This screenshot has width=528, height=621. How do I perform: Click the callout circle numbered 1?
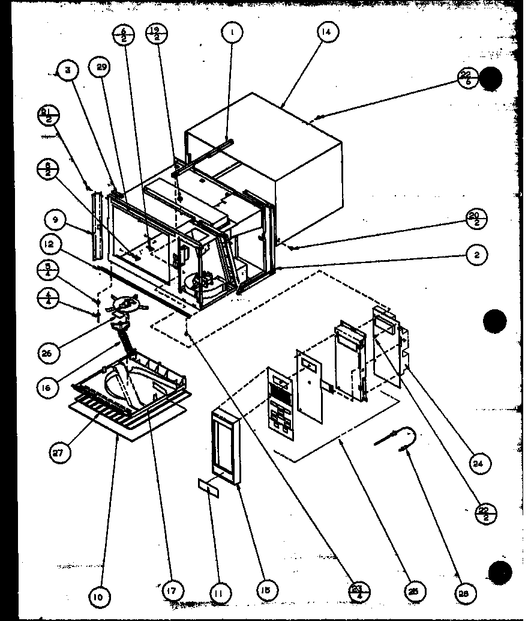[x=231, y=33]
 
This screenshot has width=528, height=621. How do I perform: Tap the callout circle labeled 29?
[x=101, y=68]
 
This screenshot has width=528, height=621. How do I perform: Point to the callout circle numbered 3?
[x=68, y=71]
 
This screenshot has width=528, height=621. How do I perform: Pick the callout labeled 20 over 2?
[x=476, y=220]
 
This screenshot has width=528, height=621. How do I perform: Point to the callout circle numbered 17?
[x=172, y=592]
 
